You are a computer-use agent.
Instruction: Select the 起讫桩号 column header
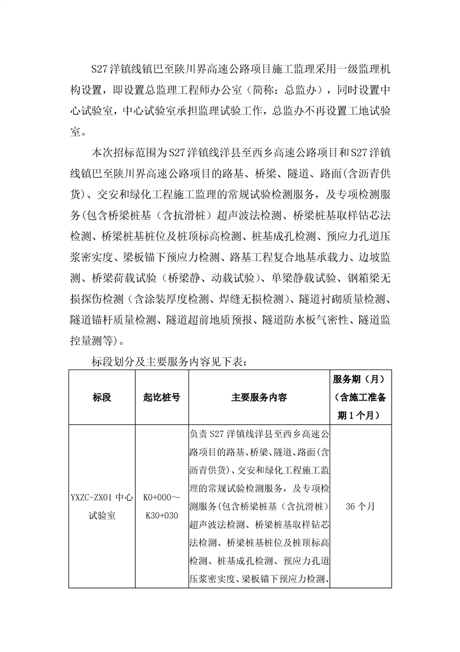click(x=161, y=398)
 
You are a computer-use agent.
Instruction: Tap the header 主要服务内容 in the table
click(x=259, y=398)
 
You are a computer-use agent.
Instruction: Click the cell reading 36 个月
click(x=360, y=506)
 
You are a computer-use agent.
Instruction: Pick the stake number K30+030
click(x=161, y=514)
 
